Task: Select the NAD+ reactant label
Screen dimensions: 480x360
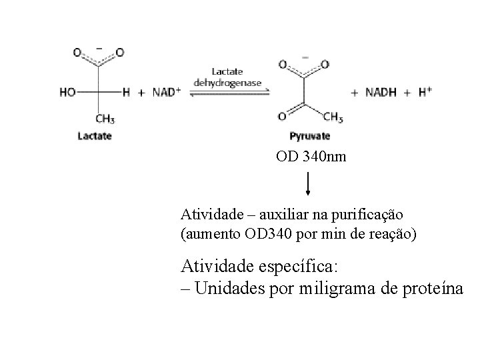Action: (x=167, y=93)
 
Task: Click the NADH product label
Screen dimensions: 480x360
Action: (x=383, y=93)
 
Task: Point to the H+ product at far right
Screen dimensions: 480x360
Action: (x=425, y=93)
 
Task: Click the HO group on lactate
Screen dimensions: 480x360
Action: (x=67, y=93)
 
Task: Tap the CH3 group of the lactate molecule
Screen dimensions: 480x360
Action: (x=104, y=119)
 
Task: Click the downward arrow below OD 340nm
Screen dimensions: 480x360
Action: (x=307, y=183)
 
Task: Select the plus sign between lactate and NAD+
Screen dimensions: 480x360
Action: (x=141, y=93)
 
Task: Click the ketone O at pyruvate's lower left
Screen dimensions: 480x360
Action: (x=282, y=117)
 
